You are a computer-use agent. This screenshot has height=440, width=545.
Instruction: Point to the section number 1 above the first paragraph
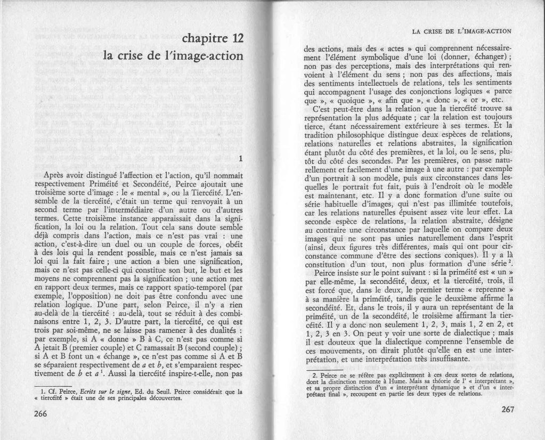[x=241, y=159]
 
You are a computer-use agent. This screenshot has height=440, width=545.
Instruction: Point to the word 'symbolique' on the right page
[x=373, y=57]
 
